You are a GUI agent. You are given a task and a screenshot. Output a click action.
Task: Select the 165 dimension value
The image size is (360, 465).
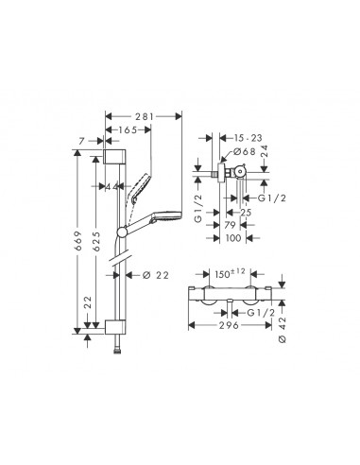[128, 129]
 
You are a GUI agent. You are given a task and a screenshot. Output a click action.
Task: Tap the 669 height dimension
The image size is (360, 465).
[77, 241]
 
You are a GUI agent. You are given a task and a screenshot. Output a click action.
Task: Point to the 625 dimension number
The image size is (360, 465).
[96, 241]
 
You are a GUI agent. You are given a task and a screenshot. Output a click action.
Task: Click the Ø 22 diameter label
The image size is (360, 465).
[156, 275]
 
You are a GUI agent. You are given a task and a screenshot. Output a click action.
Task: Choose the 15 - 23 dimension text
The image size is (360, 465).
[248, 138]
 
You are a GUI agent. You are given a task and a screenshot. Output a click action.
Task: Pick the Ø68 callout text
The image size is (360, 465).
[244, 151]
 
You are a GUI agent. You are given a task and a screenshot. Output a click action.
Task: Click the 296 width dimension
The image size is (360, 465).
[229, 325]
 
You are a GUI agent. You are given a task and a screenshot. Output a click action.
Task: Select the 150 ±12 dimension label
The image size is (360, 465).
[230, 273]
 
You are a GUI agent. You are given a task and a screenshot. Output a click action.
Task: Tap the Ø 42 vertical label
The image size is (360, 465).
[283, 330]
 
